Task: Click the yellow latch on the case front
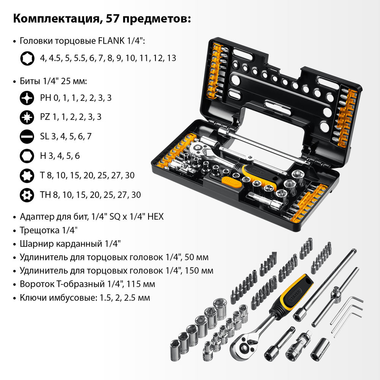231,184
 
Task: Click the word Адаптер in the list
35,217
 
